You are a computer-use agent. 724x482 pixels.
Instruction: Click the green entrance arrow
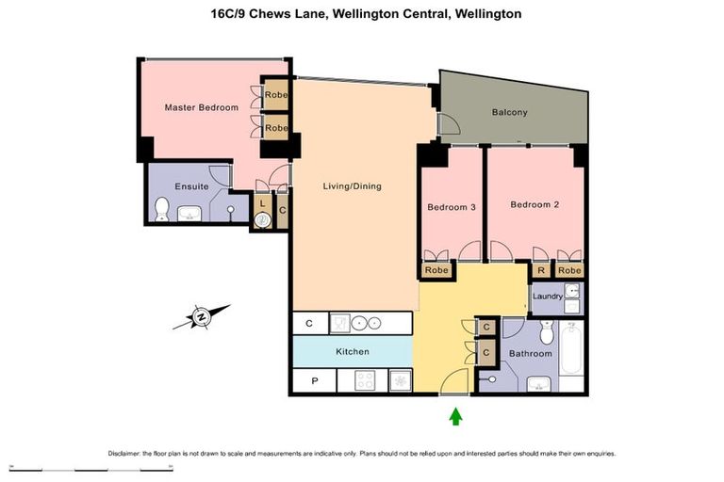coord(456,415)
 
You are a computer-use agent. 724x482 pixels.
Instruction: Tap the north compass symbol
coord(202,317)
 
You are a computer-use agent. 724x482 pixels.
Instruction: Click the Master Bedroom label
coord(201,107)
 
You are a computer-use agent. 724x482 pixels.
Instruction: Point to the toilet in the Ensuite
coord(161,209)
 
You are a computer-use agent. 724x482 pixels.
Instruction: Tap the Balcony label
coord(510,113)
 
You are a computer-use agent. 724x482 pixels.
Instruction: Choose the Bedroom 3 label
coord(451,207)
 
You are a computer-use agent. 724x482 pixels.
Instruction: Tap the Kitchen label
coord(353,351)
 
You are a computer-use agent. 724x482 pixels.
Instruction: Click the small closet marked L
coord(262,202)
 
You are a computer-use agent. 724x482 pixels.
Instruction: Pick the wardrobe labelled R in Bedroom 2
coord(541,270)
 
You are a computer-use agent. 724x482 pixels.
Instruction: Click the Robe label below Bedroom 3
coord(436,270)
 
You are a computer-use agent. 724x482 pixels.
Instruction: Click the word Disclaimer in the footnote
coord(124,453)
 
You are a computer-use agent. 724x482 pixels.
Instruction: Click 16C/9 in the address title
coord(232,14)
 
